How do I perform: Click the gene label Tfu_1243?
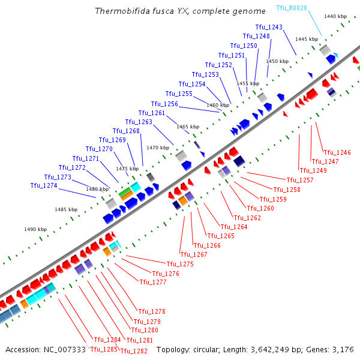click(268, 27)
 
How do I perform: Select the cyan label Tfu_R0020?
click(292, 7)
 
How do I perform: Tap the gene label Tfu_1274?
click(44, 185)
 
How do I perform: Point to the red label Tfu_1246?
click(337, 152)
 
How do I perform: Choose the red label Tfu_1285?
click(103, 349)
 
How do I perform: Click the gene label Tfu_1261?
click(151, 113)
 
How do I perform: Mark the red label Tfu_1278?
click(151, 311)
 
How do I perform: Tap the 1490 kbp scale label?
click(35, 229)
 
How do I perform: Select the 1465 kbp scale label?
click(187, 127)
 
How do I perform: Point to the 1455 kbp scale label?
click(247, 83)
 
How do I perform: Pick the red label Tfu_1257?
click(299, 180)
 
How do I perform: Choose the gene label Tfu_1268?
click(126, 131)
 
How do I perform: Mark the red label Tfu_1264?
click(233, 227)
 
